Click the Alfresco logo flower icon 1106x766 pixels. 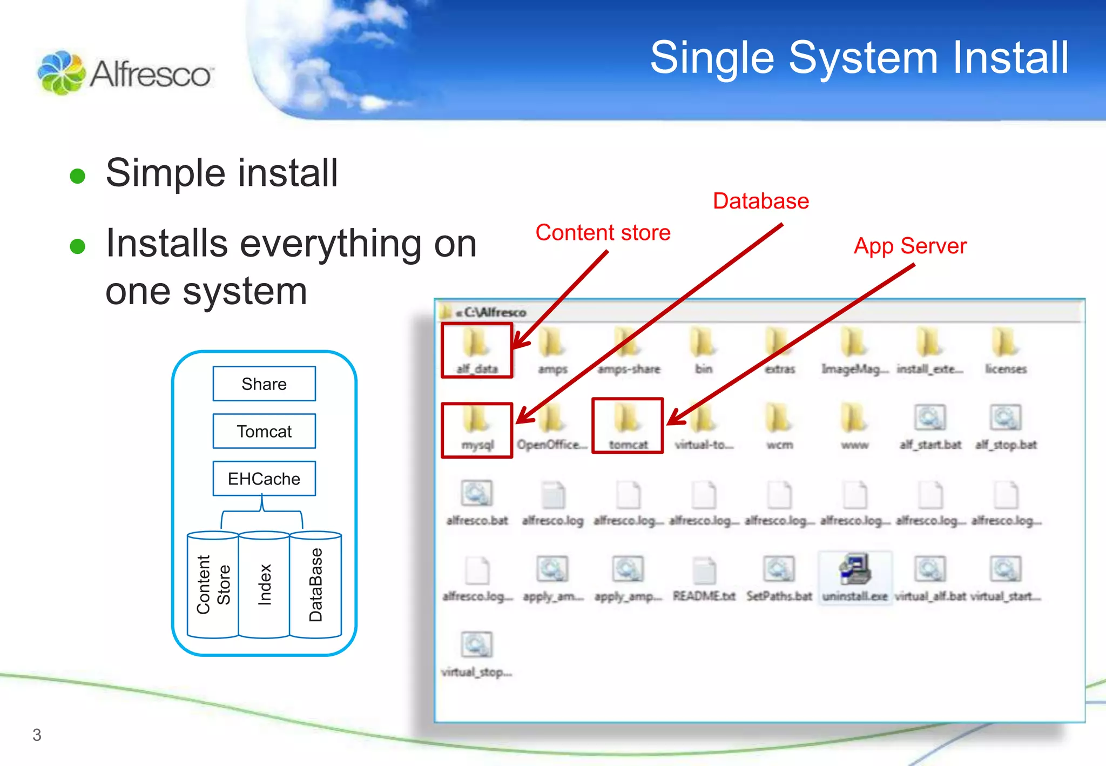pos(61,73)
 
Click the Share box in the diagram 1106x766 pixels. pos(264,384)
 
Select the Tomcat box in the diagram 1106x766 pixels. pos(264,431)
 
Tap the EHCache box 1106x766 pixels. pos(264,479)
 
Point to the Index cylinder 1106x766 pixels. pos(264,584)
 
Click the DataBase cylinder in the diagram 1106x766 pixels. pos(315,584)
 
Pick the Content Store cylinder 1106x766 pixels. pos(213,584)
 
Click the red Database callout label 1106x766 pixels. pos(761,201)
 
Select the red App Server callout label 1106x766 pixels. pos(910,246)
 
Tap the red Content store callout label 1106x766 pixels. pos(603,232)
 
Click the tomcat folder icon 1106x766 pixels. pos(628,419)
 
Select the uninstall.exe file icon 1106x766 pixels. pos(855,569)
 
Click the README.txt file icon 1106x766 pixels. pos(704,570)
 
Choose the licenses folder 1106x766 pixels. pos(1006,344)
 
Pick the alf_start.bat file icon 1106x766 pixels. pos(930,419)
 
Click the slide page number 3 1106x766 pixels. pos(37,735)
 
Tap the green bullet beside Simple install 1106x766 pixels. pos(78,176)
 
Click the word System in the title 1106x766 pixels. pos(864,58)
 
